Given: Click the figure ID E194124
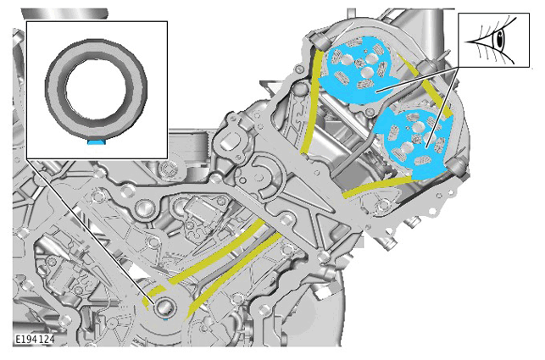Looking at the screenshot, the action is (x=35, y=339).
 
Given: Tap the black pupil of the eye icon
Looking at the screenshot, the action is (x=500, y=40).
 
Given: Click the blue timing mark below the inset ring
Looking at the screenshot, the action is (x=96, y=141).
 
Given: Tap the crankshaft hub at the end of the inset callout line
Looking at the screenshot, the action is (x=164, y=307).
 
